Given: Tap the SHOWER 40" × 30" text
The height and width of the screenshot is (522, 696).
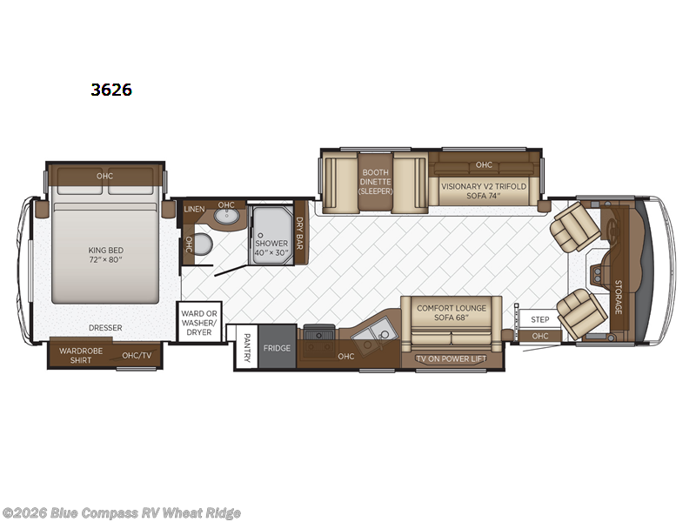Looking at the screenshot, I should click(271, 247).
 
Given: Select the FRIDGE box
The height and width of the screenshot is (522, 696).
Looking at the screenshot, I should click(278, 348).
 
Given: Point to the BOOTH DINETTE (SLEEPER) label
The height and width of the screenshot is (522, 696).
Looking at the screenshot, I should click(377, 181).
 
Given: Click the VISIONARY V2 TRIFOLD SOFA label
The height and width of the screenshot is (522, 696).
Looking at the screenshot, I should click(483, 191).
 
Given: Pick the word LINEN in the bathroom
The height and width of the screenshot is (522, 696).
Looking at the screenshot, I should click(195, 210).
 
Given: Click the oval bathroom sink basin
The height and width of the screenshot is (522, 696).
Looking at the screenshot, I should click(226, 218).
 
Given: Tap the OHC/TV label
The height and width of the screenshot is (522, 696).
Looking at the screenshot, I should click(137, 355).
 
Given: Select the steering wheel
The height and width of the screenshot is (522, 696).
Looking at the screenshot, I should click(614, 228).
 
